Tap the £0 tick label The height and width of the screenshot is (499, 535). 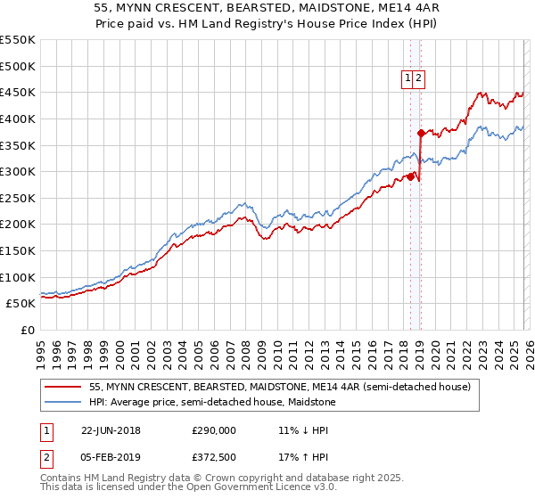coord(27,330)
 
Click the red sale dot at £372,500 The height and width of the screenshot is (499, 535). coord(420,133)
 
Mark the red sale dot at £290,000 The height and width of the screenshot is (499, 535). coord(410,176)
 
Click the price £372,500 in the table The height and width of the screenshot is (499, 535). coord(214,459)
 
